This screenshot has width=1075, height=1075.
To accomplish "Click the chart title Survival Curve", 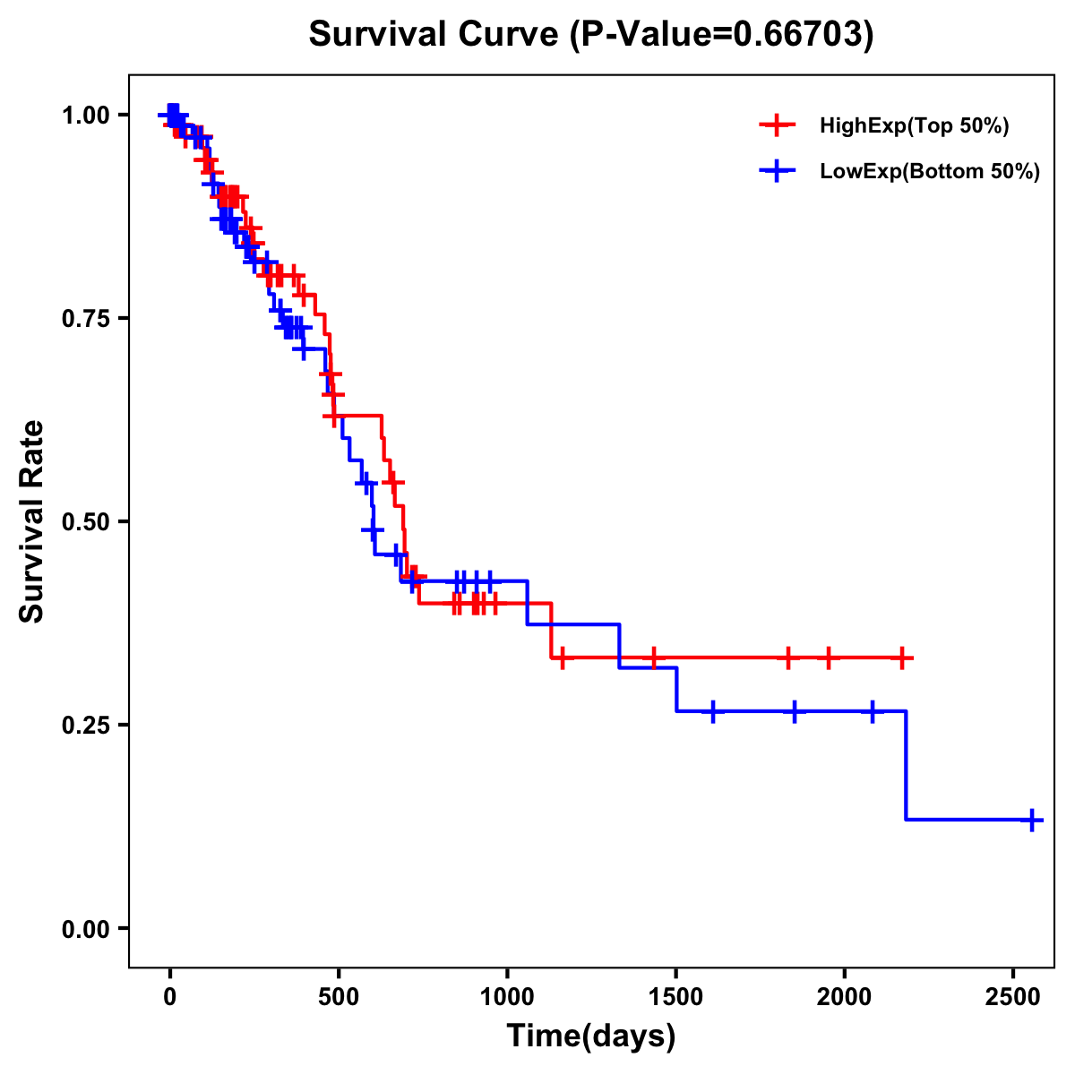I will pos(590,34).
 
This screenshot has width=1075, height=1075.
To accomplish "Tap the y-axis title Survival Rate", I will pos(32,521).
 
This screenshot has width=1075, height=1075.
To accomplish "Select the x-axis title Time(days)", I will pos(591,1036).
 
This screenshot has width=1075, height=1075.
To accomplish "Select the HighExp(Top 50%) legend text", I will pos(914,126).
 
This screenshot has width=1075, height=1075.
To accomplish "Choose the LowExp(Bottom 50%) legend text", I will pos(930,172).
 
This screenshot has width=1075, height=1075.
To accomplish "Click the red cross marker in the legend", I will pos(778,126).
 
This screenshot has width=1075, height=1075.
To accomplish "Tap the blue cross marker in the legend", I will pos(778,172).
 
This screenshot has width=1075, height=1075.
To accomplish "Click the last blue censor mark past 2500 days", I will pos(1032,820).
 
